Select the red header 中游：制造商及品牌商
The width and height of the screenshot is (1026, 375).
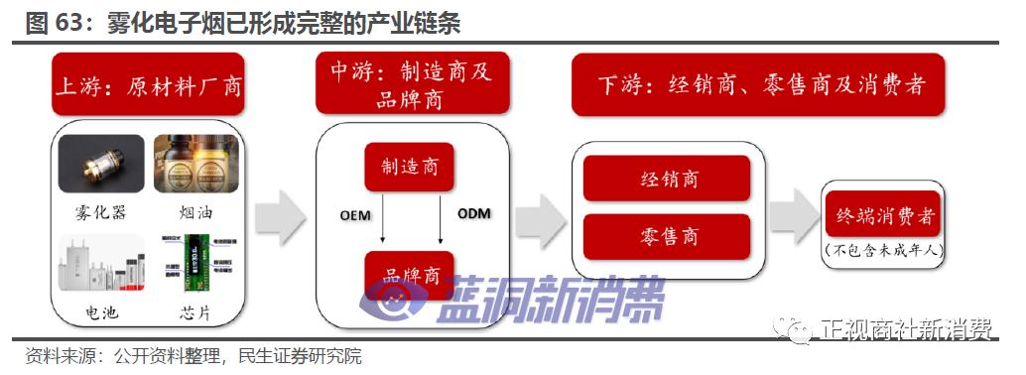pyautogui.click(x=412, y=84)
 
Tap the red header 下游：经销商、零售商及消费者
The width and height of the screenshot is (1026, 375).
pyautogui.click(x=758, y=84)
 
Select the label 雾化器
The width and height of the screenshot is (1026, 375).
pyautogui.click(x=102, y=212)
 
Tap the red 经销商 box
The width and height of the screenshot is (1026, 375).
pyautogui.click(x=667, y=179)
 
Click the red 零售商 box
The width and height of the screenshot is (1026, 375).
pyautogui.click(x=667, y=236)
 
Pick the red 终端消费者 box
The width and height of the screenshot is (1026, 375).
pyautogui.click(x=882, y=213)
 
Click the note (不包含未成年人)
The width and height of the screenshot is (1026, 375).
pyautogui.click(x=882, y=250)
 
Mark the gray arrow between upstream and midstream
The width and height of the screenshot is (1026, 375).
pyautogui.click(x=280, y=218)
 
